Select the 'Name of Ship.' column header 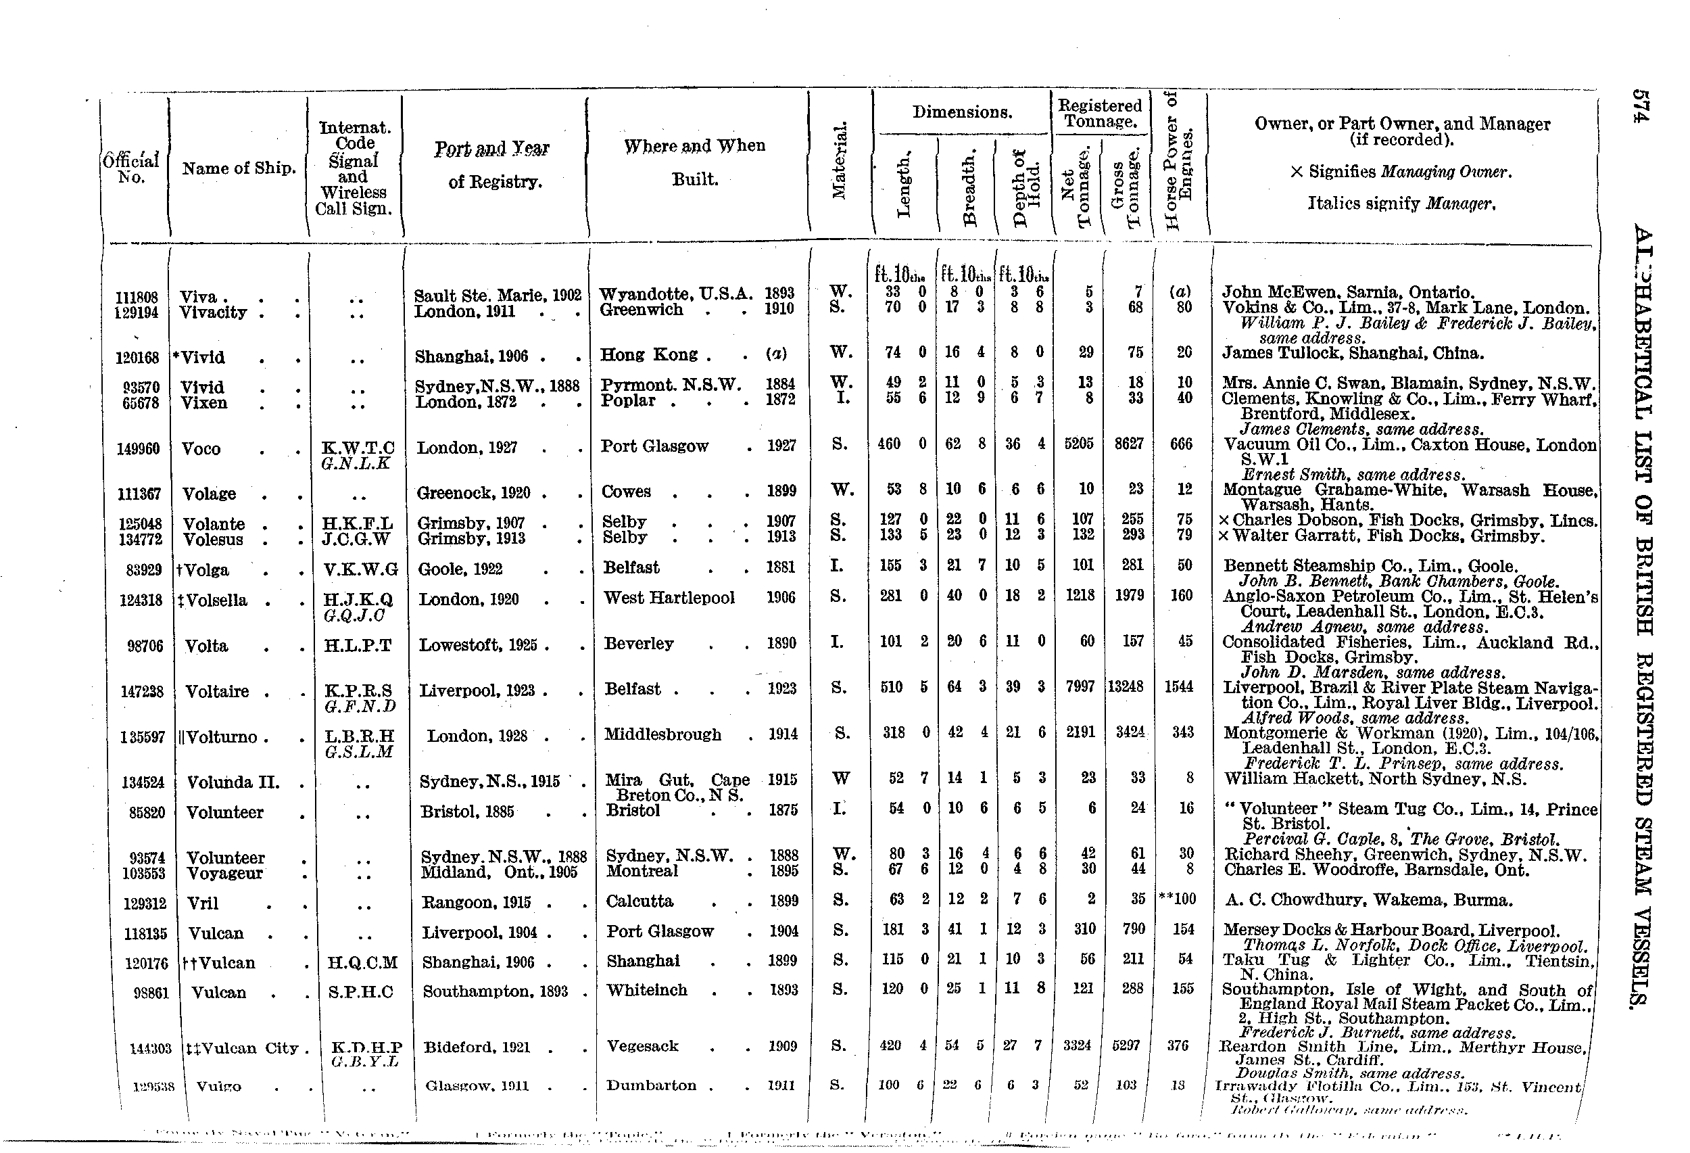click(239, 169)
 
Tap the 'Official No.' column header click(131, 169)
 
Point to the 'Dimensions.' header click(962, 112)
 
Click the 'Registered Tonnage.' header click(1100, 114)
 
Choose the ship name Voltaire click(218, 691)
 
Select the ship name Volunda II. click(233, 782)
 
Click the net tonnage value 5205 click(1079, 443)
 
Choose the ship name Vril click(203, 903)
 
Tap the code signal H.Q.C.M click(362, 963)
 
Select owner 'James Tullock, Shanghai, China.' click(1352, 354)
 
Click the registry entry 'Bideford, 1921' click(477, 1048)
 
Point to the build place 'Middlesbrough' click(662, 734)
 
